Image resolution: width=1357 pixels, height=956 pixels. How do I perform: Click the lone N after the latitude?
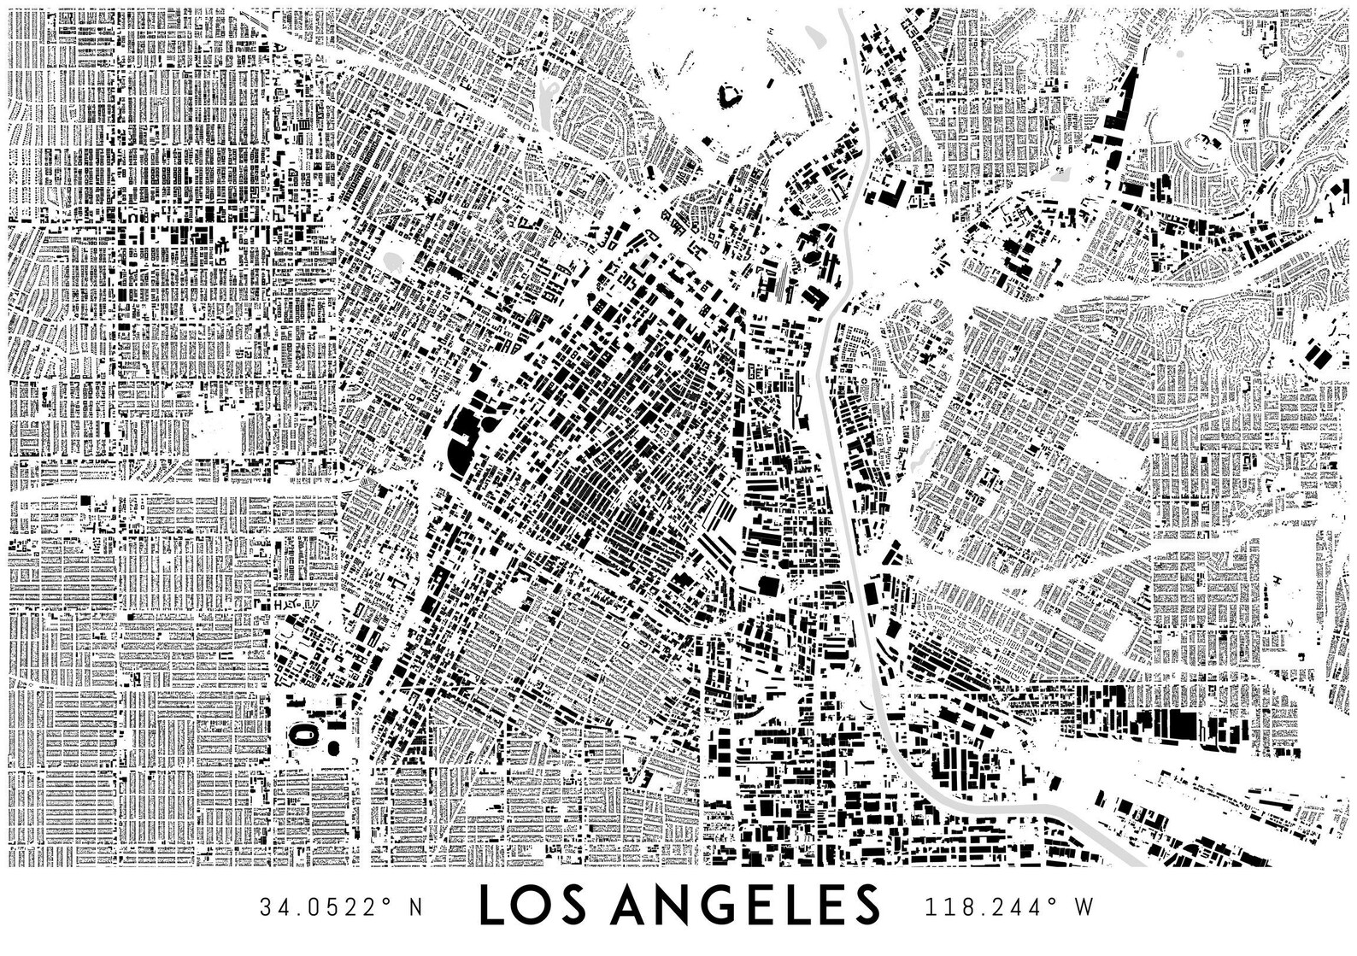tap(416, 906)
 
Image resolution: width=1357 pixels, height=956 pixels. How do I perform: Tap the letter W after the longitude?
tap(1084, 906)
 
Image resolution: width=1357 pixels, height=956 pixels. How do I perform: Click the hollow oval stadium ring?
tap(302, 733)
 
